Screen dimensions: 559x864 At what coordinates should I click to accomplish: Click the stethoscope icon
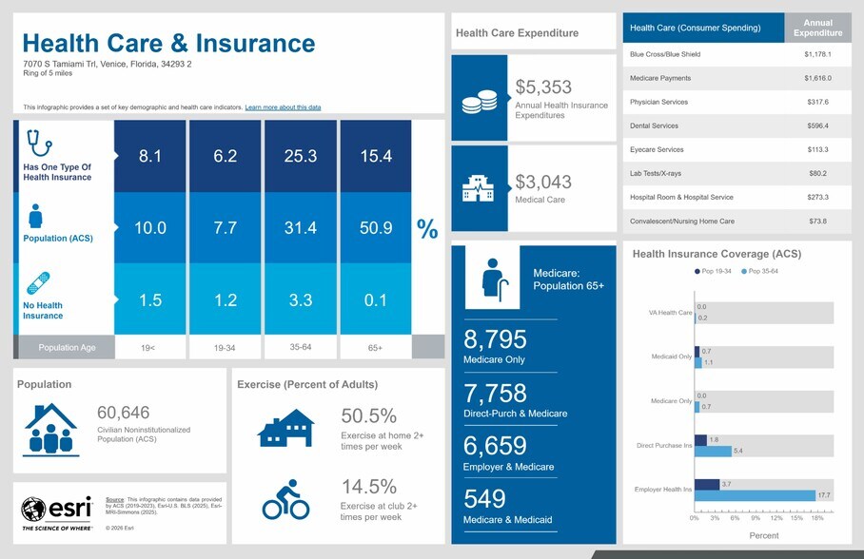pyautogui.click(x=39, y=143)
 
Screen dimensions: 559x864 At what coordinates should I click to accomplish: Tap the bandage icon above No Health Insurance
pyautogui.click(x=38, y=283)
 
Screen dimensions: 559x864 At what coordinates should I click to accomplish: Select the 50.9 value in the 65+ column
pyautogui.click(x=376, y=228)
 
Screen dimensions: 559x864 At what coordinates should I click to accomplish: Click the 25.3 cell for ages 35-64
pyautogui.click(x=301, y=156)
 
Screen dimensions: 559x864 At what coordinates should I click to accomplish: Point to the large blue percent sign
pyautogui.click(x=427, y=229)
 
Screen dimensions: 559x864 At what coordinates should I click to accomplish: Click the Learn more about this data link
pyautogui.click(x=283, y=107)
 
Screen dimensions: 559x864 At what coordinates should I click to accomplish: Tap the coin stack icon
pyautogui.click(x=480, y=102)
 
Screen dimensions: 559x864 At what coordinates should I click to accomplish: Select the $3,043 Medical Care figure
pyautogui.click(x=543, y=182)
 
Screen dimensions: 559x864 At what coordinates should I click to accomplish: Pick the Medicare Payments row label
pyautogui.click(x=660, y=78)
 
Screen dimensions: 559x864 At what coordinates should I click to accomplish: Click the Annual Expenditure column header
pyautogui.click(x=817, y=28)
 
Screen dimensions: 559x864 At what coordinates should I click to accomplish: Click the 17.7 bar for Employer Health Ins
pyautogui.click(x=755, y=495)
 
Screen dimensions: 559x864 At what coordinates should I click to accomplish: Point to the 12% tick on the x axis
pyautogui.click(x=776, y=518)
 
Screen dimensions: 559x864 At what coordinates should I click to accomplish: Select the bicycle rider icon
pyautogui.click(x=285, y=500)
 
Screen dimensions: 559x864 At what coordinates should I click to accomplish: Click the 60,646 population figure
pyautogui.click(x=124, y=413)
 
